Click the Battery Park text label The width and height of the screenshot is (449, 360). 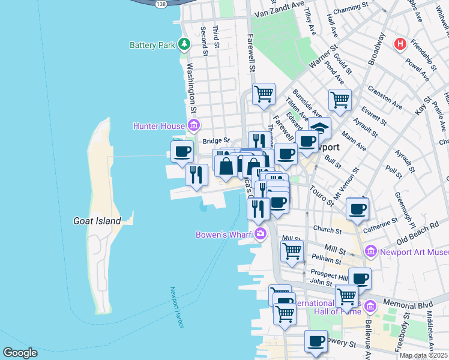point(152,45)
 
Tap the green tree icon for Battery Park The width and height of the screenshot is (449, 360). point(184,44)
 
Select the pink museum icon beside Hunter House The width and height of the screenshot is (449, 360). point(194,125)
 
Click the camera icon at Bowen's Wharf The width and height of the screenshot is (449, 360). point(260,233)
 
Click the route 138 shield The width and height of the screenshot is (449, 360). point(160,4)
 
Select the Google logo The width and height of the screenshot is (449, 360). point(19,353)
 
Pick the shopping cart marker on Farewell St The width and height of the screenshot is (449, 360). point(264,94)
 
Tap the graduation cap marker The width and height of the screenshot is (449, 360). point(319,128)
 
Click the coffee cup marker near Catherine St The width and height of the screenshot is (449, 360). point(357,209)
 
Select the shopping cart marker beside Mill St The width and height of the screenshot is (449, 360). point(292,250)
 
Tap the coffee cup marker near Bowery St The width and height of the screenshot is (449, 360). point(316,341)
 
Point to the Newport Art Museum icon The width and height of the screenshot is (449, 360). point(370,251)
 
